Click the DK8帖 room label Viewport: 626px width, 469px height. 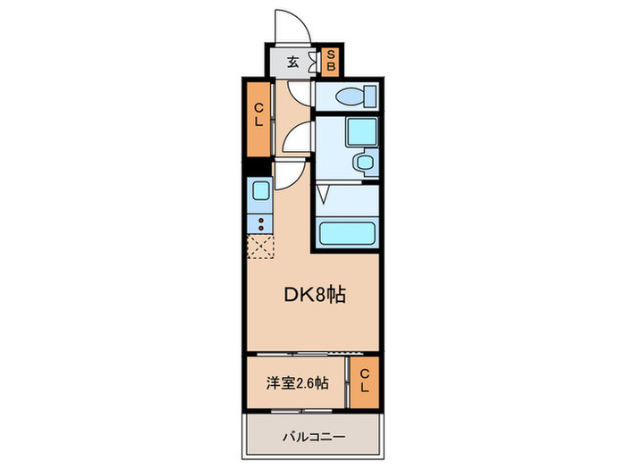tap(314, 295)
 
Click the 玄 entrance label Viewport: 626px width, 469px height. tap(293, 63)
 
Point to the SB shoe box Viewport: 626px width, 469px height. tap(329, 62)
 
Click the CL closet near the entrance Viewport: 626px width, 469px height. tap(258, 116)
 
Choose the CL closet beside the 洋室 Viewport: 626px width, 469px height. tap(365, 383)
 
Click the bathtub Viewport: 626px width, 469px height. tap(349, 234)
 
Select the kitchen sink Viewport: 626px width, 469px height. tap(260, 190)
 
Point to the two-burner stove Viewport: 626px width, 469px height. tap(260, 222)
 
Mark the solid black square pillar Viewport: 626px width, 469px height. tap(258, 167)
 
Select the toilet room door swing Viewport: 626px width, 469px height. tap(301, 96)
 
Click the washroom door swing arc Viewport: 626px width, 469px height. tap(298, 138)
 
